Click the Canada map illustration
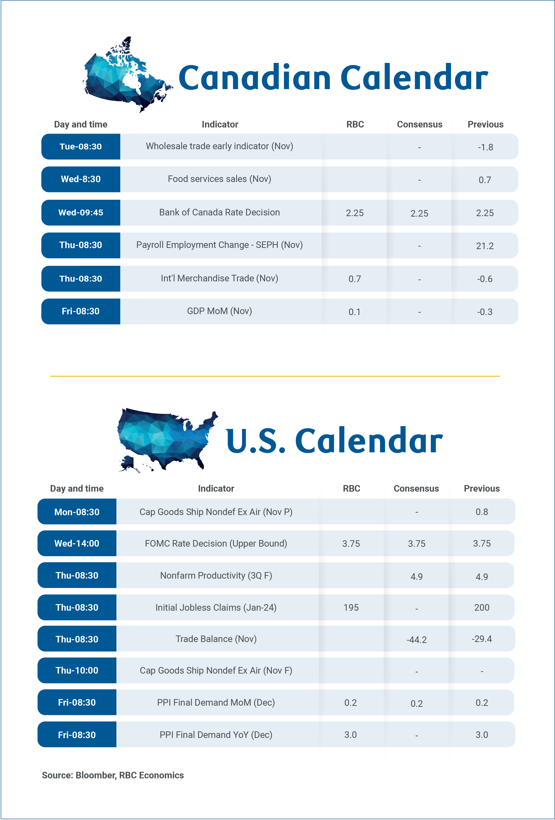[127, 76]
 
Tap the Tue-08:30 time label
[81, 146]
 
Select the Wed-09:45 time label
[81, 212]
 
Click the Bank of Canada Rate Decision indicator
[219, 212]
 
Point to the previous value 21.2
[485, 246]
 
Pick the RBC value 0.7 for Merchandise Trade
[354, 279]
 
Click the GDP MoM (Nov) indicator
[219, 311]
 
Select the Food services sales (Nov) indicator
[219, 179]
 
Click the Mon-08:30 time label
[77, 512]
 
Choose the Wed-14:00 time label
[77, 543]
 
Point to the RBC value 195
[351, 608]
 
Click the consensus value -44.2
[417, 640]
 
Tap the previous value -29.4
[481, 639]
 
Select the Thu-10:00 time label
[77, 670]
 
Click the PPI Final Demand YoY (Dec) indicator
[216, 735]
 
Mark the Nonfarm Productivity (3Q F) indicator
[216, 576]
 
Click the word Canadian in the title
[254, 78]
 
